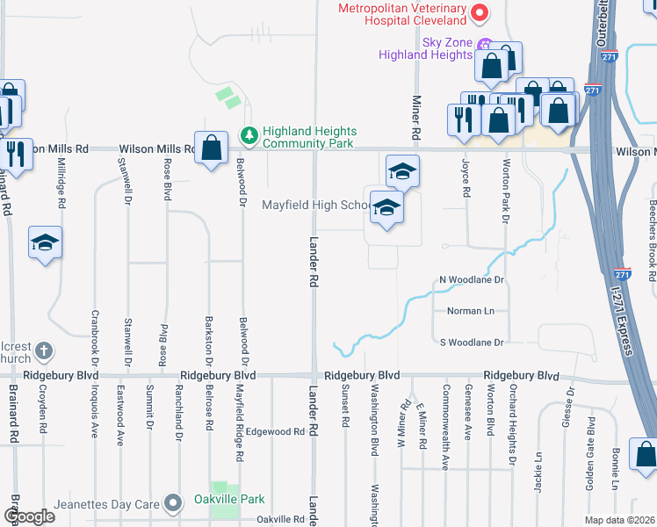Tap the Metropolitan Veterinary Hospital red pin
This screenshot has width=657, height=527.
point(480,13)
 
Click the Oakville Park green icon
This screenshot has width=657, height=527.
point(176,499)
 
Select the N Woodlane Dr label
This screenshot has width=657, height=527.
point(473,280)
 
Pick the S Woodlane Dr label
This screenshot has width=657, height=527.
point(473,342)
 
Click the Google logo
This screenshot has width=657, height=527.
point(29,516)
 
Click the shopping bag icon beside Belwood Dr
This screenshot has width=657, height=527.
point(212,148)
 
